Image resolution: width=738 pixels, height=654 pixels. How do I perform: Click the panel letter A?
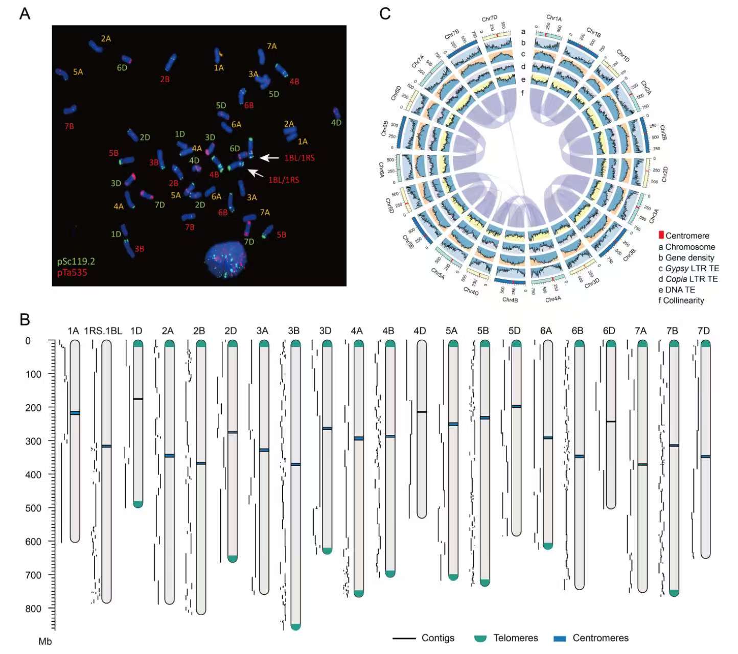[x=25, y=14]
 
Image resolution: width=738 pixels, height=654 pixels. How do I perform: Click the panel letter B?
[x=25, y=320]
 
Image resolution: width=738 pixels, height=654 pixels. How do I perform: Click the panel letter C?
[x=385, y=14]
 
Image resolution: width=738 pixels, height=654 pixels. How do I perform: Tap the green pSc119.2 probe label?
[x=76, y=261]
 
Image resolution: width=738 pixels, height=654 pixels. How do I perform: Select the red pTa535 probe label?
[x=72, y=272]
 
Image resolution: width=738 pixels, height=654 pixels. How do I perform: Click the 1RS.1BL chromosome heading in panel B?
[x=103, y=331]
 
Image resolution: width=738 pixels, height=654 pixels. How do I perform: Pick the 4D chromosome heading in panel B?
[x=420, y=331]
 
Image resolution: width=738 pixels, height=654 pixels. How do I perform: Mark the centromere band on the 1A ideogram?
[x=75, y=413]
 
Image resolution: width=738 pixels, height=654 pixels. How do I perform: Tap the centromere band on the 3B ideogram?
[x=295, y=464]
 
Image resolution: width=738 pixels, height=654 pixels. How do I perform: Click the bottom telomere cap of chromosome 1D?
[x=138, y=504]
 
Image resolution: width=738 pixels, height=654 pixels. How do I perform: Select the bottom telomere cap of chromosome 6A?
[x=548, y=546]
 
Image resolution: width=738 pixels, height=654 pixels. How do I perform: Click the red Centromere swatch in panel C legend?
[x=661, y=236]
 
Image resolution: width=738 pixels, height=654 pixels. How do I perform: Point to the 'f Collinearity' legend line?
[x=681, y=300]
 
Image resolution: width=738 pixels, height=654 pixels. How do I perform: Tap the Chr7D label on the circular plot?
[x=489, y=19]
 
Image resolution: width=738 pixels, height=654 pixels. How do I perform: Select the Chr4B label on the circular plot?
[x=510, y=300]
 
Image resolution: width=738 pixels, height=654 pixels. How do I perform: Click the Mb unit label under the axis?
[x=45, y=641]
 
